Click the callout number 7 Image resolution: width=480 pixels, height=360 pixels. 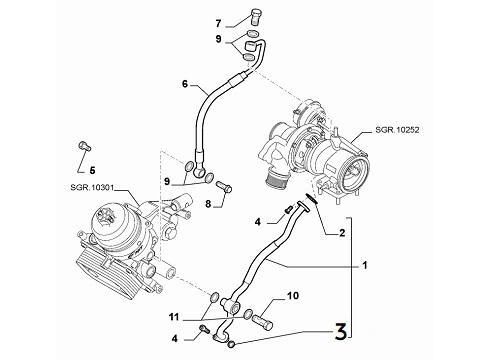point(218,23)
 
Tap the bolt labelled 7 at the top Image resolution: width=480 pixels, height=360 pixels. point(255,16)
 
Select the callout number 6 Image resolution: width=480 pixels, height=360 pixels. point(185,84)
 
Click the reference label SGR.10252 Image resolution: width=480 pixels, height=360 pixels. point(397,130)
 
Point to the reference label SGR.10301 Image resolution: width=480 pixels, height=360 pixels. point(92,188)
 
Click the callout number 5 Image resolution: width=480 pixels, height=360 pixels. point(92,170)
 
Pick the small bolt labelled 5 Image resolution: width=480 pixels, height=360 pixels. point(85,146)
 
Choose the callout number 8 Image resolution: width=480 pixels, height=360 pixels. point(208,204)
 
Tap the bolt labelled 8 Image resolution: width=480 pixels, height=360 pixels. point(224,186)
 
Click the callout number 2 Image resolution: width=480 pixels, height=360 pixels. point(342,233)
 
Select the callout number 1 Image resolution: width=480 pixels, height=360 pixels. point(365,265)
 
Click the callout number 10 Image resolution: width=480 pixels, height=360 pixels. point(293,295)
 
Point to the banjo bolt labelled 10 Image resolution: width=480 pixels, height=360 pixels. point(263,321)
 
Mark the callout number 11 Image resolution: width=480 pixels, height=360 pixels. point(174,317)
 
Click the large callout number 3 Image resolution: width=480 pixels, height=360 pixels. point(340,331)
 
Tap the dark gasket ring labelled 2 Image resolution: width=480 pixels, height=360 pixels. point(311,198)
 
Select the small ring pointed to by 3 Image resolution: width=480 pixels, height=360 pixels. point(232,344)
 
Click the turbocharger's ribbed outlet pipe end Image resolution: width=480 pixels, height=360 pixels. point(275,182)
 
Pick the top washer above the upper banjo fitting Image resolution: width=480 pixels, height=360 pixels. point(253,33)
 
